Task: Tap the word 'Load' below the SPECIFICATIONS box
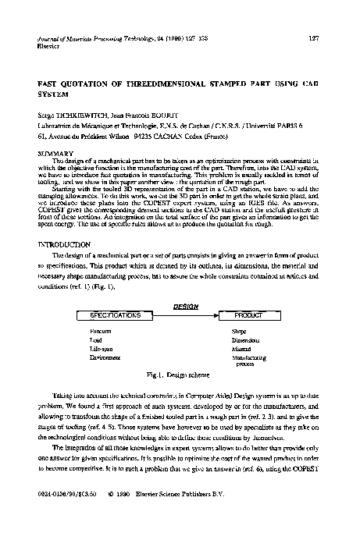(97, 339)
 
